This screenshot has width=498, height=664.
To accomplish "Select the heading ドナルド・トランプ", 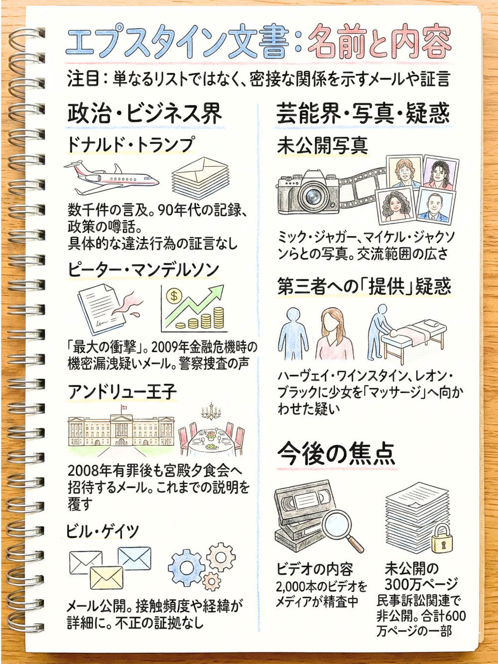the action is [x=130, y=144].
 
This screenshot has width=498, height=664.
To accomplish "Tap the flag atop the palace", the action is [x=124, y=407].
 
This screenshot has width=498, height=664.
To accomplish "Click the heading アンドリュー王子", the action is [x=122, y=393].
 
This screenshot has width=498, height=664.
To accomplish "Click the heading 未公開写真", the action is [x=322, y=145].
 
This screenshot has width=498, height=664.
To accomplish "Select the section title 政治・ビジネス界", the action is [x=144, y=114].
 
